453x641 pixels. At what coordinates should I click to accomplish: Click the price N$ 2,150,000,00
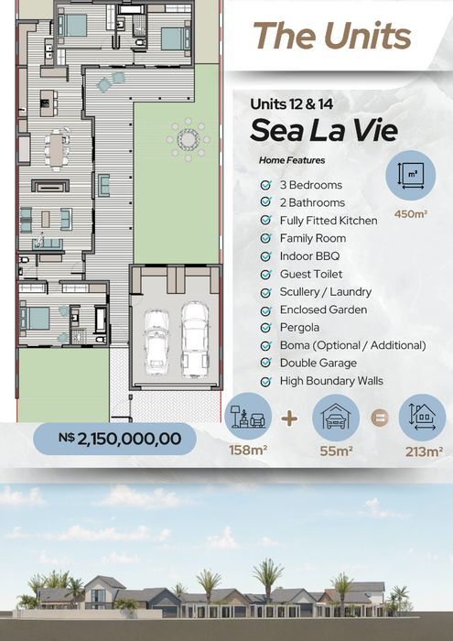[x=120, y=439]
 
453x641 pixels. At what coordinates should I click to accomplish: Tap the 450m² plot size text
[x=411, y=213]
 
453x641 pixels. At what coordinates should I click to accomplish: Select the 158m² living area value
[x=248, y=451]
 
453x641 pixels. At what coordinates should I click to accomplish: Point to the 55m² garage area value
[x=336, y=451]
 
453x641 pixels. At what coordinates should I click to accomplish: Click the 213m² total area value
[x=424, y=451]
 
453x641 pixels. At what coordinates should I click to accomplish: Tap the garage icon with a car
[x=336, y=418]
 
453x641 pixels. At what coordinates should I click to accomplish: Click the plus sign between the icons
[x=289, y=418]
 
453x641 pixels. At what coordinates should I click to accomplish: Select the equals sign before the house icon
[x=380, y=418]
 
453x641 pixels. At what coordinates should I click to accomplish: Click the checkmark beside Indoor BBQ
[x=266, y=256]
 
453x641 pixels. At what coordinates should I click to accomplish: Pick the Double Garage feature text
[x=318, y=363]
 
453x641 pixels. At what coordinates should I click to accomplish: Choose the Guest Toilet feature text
[x=311, y=274]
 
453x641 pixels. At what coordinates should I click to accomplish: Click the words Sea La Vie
[x=324, y=130]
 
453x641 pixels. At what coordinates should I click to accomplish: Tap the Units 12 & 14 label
[x=292, y=103]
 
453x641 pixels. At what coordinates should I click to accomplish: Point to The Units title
[x=331, y=35]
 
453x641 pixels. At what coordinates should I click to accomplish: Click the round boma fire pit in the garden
[x=188, y=140]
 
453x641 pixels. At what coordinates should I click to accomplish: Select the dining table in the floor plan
[x=57, y=148]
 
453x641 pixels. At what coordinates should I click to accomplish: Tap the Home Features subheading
[x=292, y=160]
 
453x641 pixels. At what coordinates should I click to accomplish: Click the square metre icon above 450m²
[x=411, y=176]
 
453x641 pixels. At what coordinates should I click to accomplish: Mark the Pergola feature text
[x=299, y=328]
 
